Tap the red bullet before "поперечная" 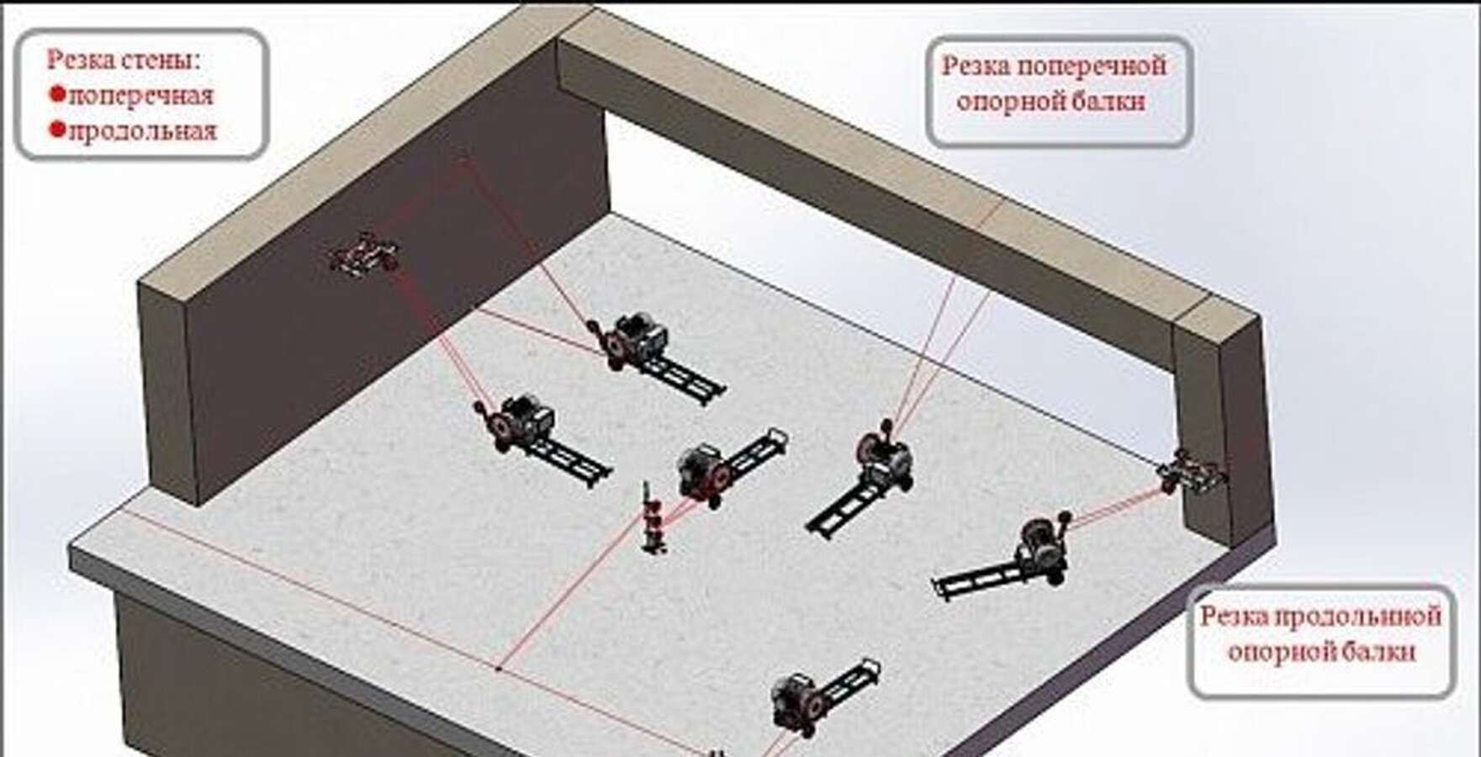[x=57, y=94]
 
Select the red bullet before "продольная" [x=57, y=130]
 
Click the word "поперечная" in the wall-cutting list [x=140, y=96]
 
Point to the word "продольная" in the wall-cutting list [x=142, y=132]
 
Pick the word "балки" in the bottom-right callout [x=1380, y=652]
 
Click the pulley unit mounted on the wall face [x=364, y=253]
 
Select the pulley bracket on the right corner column [x=1191, y=472]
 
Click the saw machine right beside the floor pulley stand [x=729, y=467]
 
